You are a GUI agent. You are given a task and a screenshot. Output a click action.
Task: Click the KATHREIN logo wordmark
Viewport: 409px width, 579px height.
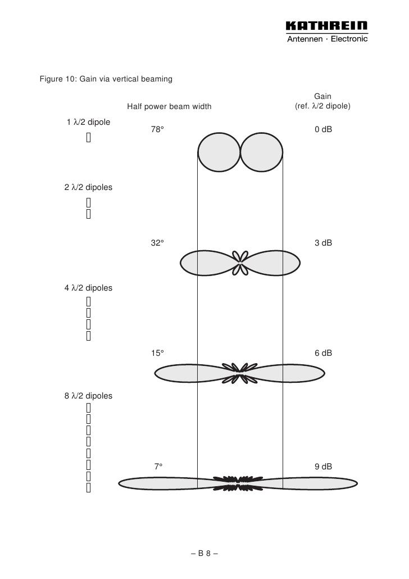tap(326, 25)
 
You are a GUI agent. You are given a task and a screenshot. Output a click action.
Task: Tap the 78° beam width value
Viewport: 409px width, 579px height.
tap(157, 129)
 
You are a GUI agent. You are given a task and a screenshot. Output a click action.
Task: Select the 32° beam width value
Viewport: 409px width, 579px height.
tap(157, 243)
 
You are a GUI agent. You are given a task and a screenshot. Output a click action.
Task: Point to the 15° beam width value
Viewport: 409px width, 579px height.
tap(157, 353)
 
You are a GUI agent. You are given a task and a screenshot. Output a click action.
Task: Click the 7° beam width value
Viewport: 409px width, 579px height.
tap(158, 467)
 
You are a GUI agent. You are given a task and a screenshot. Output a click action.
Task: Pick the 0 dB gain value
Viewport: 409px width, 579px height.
tap(324, 129)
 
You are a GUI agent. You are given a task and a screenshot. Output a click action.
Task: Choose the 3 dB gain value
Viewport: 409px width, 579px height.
tap(324, 243)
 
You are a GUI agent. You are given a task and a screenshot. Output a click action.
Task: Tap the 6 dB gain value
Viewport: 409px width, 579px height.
tap(324, 353)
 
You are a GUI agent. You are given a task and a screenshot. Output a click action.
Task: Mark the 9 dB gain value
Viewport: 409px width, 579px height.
tap(324, 467)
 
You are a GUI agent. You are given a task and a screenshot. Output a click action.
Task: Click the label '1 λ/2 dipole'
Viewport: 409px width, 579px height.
tap(89, 122)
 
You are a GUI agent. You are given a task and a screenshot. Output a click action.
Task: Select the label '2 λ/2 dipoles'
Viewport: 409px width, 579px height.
tap(89, 188)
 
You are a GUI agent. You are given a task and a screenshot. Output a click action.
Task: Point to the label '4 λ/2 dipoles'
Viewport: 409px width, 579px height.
tap(89, 288)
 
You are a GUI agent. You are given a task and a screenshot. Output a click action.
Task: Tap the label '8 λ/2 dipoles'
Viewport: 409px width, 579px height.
tap(89, 396)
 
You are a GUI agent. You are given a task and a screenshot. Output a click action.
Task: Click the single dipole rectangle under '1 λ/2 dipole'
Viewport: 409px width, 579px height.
tap(89, 137)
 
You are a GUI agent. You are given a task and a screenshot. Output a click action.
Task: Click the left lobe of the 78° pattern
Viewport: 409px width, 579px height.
tap(219, 152)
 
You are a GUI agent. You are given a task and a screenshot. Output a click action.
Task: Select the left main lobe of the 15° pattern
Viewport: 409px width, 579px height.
tap(196, 374)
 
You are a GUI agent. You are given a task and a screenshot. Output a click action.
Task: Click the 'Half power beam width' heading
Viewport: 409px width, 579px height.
tap(170, 107)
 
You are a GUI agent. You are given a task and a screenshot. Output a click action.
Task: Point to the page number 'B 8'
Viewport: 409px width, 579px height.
tap(204, 553)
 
